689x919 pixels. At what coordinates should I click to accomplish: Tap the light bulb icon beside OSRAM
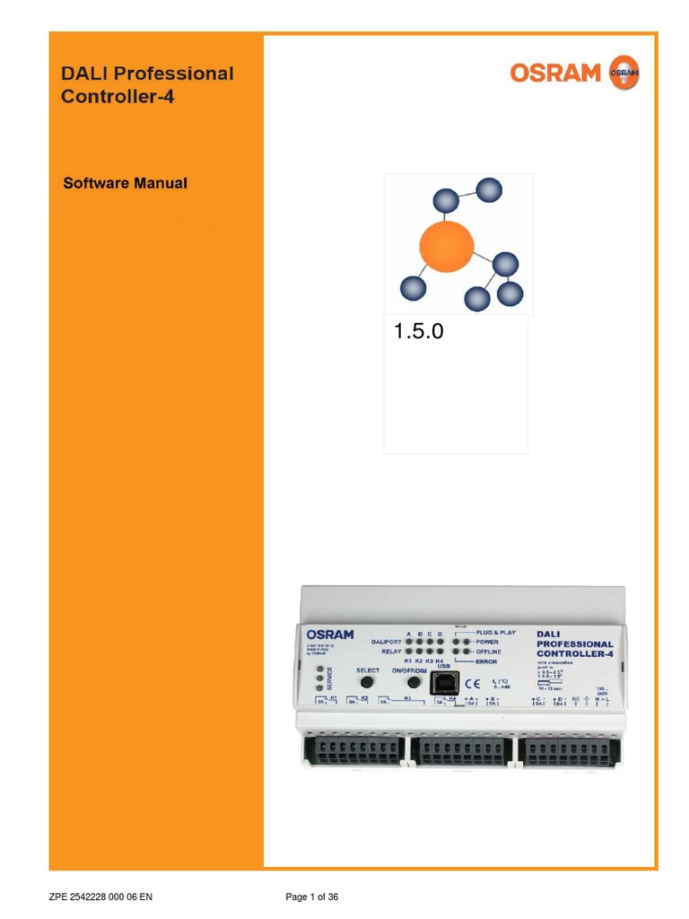click(x=624, y=72)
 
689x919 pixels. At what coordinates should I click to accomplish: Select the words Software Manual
click(x=125, y=183)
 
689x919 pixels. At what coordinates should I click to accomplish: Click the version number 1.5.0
click(x=419, y=333)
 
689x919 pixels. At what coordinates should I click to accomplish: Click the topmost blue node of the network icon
click(x=489, y=190)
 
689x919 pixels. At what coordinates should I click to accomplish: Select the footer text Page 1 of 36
click(x=311, y=897)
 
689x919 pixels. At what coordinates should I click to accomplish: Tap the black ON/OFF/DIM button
click(x=414, y=683)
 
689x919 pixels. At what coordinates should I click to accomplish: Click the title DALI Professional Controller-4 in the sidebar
click(x=147, y=85)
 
